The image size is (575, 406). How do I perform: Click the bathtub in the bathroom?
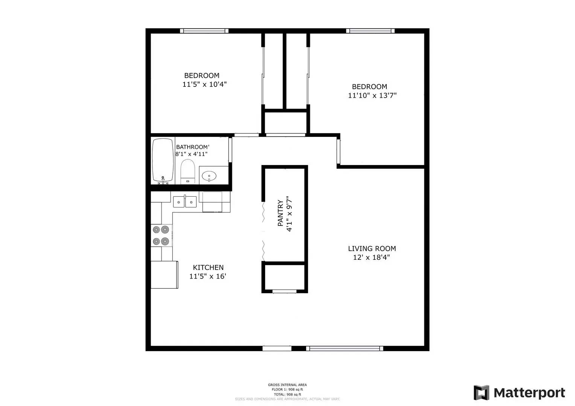coord(163,161)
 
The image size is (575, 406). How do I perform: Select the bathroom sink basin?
coord(209,176)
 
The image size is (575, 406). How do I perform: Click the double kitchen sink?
coord(185,202)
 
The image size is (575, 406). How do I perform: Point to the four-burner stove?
coord(161,235)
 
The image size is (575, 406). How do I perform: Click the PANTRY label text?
coord(281,213)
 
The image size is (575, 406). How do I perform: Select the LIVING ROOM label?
coord(372,248)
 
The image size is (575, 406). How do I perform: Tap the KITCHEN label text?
coord(208,268)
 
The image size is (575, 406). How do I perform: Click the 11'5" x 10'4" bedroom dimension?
coord(204,85)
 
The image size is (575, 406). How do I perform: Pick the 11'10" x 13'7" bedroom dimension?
coord(372,96)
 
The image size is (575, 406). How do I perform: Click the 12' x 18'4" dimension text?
coord(371,258)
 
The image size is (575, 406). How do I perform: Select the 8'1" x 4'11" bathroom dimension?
coord(192,154)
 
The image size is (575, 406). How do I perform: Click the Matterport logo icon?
coord(481,393)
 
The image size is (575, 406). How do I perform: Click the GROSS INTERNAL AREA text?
coord(287,385)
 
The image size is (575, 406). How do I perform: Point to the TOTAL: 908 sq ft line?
coord(287,394)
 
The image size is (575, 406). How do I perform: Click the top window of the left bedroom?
coord(204,31)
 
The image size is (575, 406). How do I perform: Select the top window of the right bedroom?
coord(371,31)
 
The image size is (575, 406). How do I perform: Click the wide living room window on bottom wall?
coord(345,348)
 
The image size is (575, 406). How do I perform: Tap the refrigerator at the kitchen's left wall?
coord(164,275)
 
